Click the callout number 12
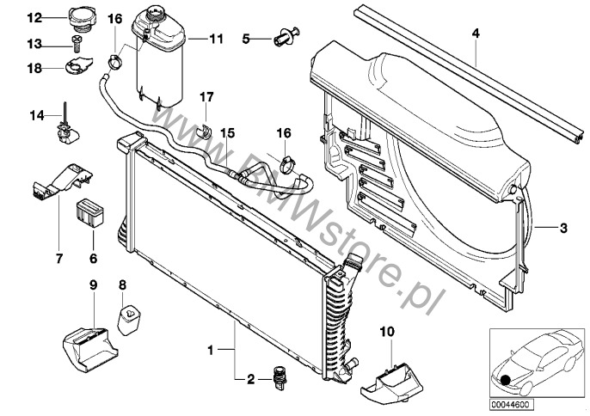pyautogui.click(x=34, y=17)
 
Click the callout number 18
pyautogui.click(x=34, y=66)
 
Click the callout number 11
pyautogui.click(x=215, y=39)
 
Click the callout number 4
pyautogui.click(x=475, y=34)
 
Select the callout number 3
pyautogui.click(x=563, y=228)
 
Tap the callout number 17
pyautogui.click(x=206, y=96)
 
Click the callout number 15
pyautogui.click(x=227, y=133)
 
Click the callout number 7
pyautogui.click(x=58, y=257)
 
